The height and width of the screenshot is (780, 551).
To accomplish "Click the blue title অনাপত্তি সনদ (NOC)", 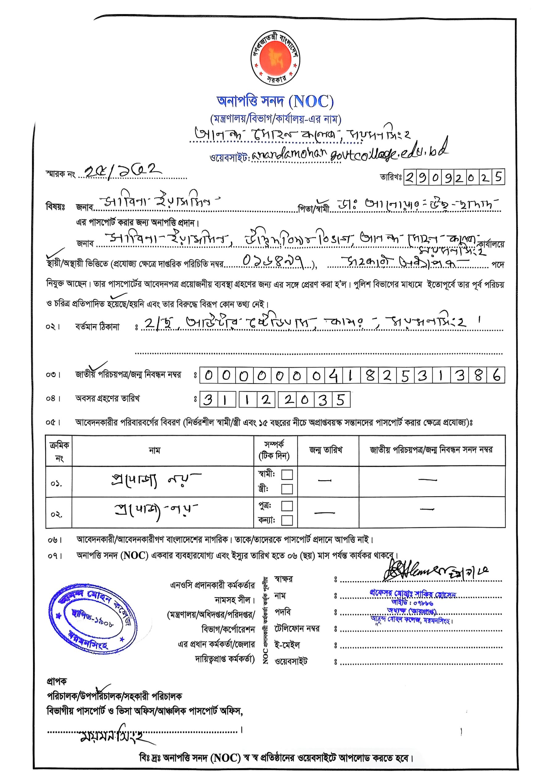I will click(275, 101).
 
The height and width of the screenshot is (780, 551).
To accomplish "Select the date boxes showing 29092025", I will click(454, 177).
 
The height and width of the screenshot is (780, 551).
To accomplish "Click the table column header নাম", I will click(155, 450).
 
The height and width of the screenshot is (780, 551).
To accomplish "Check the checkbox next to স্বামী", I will click(287, 474).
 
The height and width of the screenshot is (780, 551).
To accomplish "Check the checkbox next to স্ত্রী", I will click(287, 489).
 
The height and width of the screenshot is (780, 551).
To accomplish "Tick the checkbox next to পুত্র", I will click(287, 506).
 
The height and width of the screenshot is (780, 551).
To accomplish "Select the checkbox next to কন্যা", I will click(287, 520).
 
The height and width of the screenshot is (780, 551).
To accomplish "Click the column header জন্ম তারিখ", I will click(326, 450).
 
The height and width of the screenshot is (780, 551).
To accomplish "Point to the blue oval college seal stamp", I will click(93, 616).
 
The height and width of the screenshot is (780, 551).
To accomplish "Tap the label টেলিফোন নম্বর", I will click(297, 628).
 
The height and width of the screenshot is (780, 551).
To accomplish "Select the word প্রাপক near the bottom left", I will click(56, 681).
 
